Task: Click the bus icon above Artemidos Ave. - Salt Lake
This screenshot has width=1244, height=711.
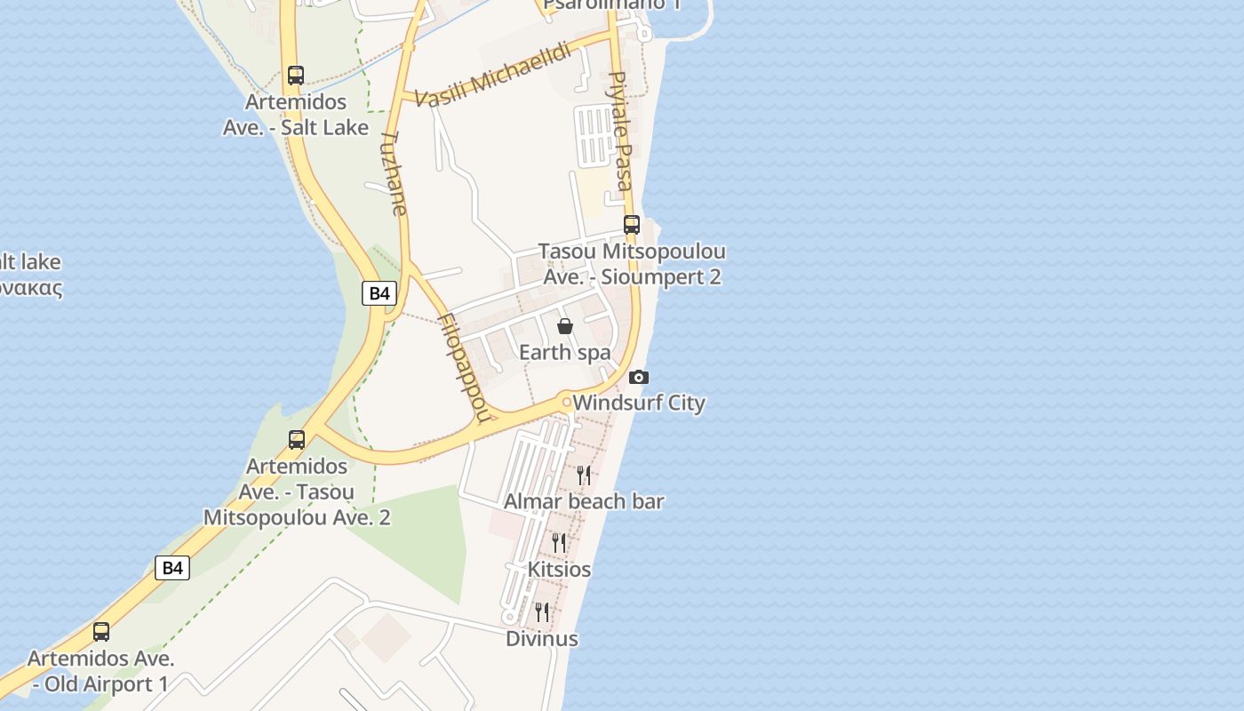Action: coord(296,76)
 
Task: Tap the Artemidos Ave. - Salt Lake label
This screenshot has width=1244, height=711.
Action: coord(296,115)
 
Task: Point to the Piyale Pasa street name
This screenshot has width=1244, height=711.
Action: coord(620,131)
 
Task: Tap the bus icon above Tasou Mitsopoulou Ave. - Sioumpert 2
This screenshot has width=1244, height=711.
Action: coord(632,225)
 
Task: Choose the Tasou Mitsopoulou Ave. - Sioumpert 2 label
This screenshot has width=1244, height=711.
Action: coord(632,264)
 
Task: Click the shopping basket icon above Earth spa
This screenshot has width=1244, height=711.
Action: coord(565,326)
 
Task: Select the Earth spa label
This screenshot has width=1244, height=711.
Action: coord(565,353)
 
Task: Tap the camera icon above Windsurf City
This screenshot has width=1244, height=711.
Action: coord(638,378)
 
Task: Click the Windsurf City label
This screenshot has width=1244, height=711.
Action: coord(639,403)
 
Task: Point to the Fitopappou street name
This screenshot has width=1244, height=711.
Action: coord(464,367)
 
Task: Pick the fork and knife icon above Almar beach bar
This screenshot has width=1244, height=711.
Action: coord(584,475)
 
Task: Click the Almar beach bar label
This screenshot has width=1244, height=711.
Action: coord(584,501)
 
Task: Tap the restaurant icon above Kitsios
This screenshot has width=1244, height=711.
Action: coord(559,542)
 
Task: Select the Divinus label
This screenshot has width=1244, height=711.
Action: coord(542,638)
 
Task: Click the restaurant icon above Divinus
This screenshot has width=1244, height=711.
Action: coord(542,611)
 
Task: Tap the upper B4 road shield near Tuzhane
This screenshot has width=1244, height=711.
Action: coord(379,293)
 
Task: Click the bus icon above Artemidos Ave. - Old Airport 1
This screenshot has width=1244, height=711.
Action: coord(101,632)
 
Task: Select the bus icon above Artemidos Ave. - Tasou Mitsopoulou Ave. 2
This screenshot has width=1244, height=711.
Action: coord(297,439)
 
